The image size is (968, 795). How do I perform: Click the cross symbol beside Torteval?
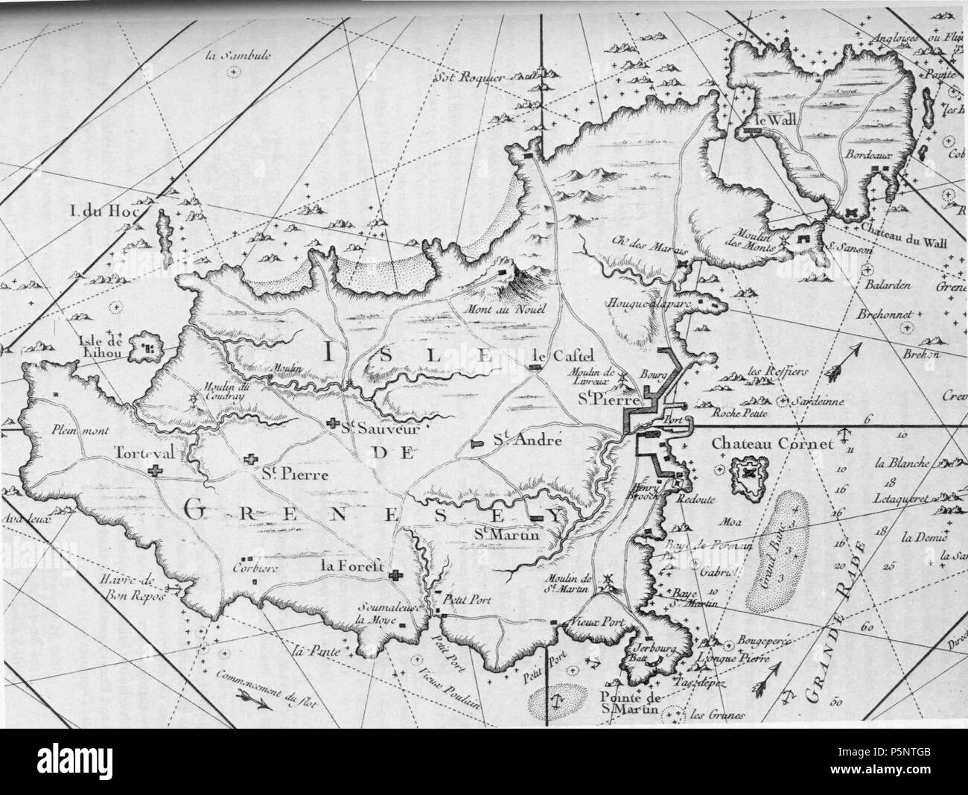156,469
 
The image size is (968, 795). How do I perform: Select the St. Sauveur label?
378,428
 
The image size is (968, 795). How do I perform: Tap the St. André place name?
526,441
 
